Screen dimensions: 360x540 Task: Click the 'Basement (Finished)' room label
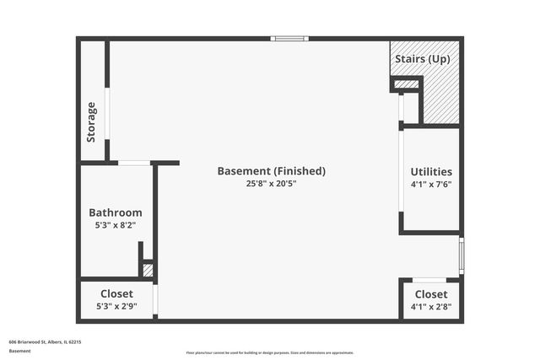click(x=271, y=171)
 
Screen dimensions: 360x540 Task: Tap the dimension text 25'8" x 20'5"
click(x=271, y=184)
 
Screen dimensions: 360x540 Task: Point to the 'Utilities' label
click(x=430, y=172)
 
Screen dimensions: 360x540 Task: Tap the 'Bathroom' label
click(x=116, y=212)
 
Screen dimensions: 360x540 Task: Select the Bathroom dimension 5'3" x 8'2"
click(x=116, y=226)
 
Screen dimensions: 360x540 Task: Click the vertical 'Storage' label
click(x=92, y=122)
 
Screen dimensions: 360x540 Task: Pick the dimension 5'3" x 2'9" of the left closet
click(x=116, y=307)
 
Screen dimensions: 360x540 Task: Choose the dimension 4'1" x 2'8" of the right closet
click(x=430, y=307)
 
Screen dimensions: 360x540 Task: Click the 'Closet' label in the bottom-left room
click(x=116, y=293)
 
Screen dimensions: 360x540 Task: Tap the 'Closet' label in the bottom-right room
click(x=430, y=293)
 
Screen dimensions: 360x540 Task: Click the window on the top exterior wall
click(x=289, y=38)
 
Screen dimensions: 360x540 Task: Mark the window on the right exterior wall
click(x=461, y=255)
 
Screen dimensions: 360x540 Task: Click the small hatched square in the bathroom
click(x=148, y=271)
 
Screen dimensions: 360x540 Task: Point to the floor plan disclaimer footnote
click(x=269, y=353)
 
